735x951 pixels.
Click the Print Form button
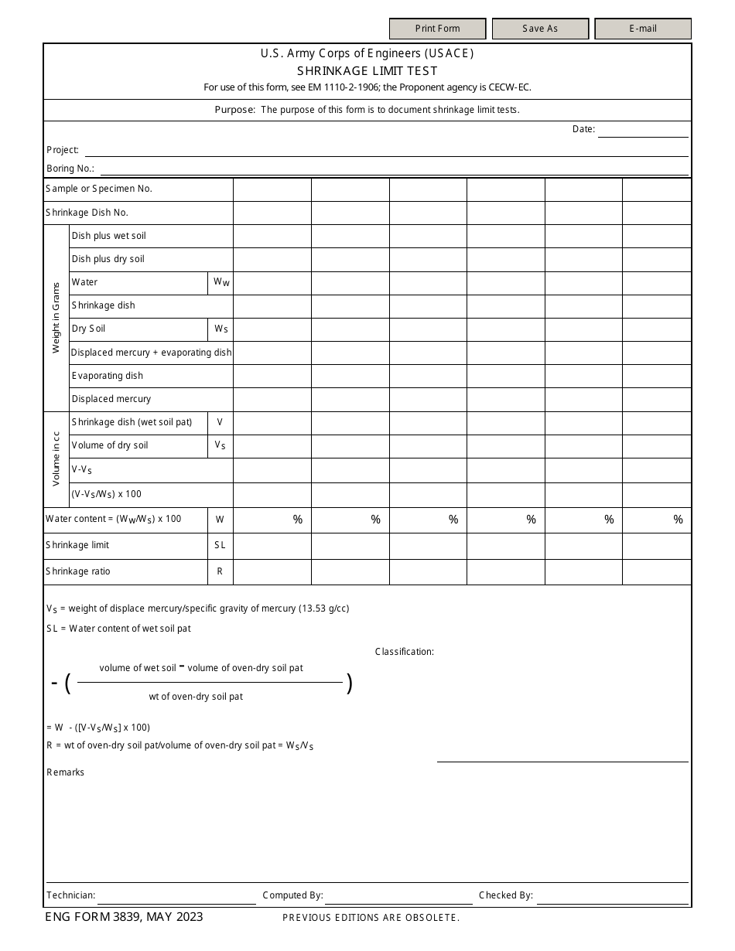click(437, 29)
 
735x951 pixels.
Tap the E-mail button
click(642, 29)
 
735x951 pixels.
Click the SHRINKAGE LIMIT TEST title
click(367, 71)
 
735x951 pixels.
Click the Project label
click(63, 150)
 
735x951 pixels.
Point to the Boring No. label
click(70, 169)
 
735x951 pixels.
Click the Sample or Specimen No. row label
click(99, 189)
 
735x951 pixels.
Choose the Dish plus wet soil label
click(108, 236)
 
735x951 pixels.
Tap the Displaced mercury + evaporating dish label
click(151, 353)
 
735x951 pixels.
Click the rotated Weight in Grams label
click(56, 318)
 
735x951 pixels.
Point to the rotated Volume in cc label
click(56, 458)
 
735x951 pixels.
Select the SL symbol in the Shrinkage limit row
click(220, 545)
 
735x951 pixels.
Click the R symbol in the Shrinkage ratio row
click(220, 571)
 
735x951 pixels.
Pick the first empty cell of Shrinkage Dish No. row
click(272, 213)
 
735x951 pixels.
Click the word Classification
click(405, 652)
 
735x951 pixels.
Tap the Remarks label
click(66, 772)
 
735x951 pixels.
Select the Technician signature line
click(176, 896)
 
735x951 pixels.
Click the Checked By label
click(505, 895)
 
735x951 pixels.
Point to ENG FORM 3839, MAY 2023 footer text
click(124, 917)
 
